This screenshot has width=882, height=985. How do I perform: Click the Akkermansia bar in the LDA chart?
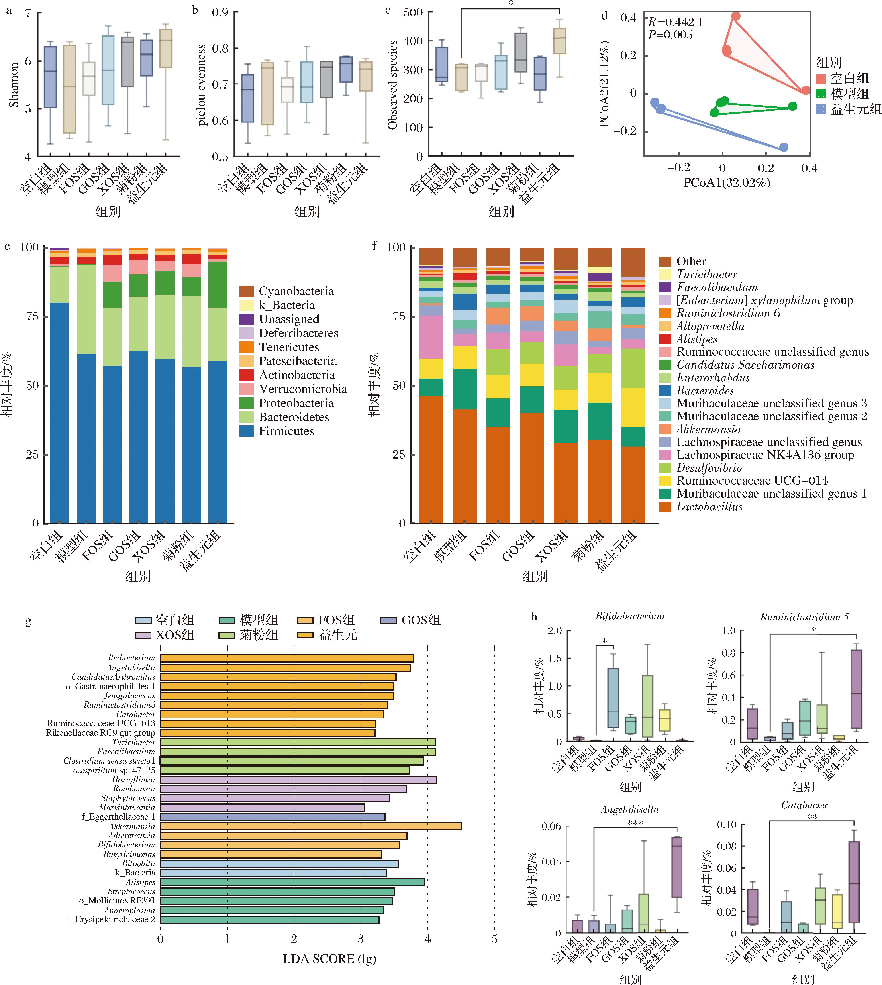pyautogui.click(x=310, y=826)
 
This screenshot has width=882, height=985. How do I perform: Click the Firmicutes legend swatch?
pyautogui.click(x=246, y=431)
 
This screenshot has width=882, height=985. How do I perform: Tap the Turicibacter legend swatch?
pyautogui.click(x=665, y=274)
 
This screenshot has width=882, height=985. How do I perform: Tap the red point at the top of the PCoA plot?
pyautogui.click(x=736, y=16)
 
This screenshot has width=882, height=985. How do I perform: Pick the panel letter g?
pyautogui.click(x=28, y=621)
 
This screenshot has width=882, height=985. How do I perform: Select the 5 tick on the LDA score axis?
pyautogui.click(x=494, y=938)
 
